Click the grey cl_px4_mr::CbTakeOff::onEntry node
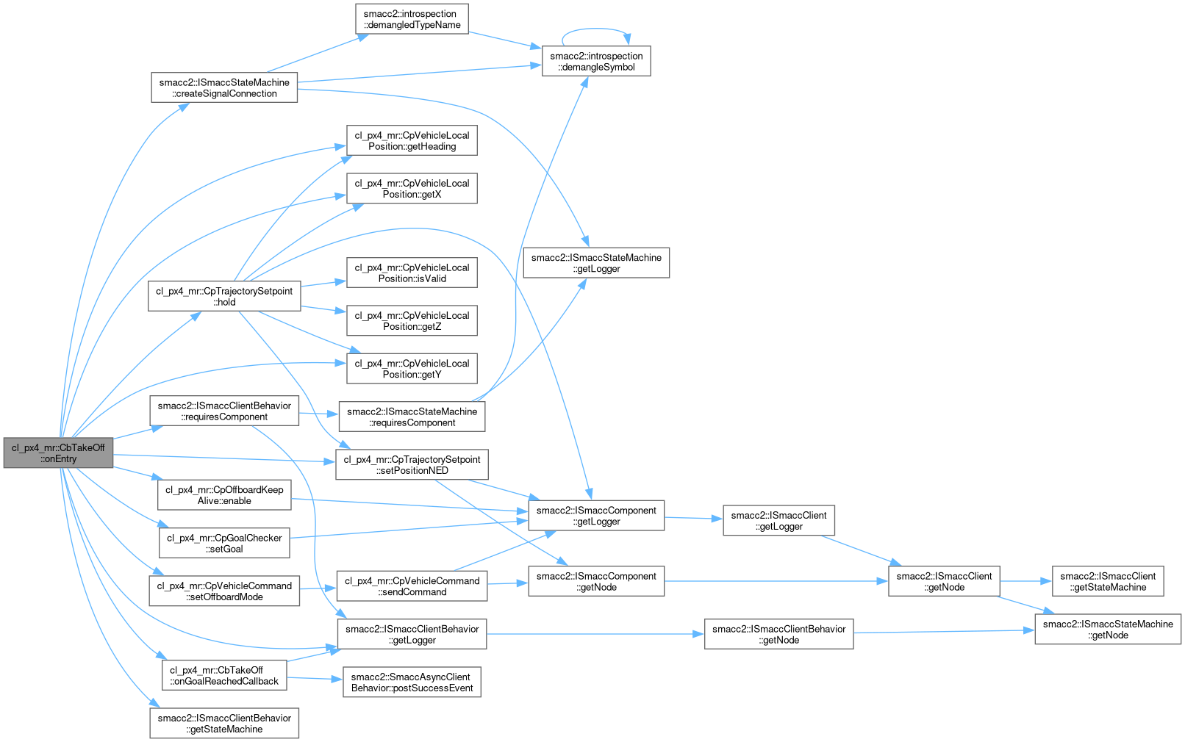[58, 453]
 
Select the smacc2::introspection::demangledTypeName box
[412, 19]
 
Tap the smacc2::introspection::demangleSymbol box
[596, 61]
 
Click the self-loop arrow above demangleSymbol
[596, 29]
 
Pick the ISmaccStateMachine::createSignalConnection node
[224, 87]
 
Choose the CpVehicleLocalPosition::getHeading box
[412, 140]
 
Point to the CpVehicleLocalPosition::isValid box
[412, 273]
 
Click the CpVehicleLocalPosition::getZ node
[412, 320]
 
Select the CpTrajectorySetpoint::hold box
[224, 296]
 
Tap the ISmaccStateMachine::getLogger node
[596, 263]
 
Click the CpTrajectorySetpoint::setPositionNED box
[412, 464]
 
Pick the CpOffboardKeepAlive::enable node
[224, 495]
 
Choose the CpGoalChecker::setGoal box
[224, 543]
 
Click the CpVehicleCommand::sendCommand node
[412, 586]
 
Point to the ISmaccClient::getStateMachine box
[1107, 581]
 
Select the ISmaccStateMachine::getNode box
[1107, 630]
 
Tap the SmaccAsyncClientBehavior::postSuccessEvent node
[412, 682]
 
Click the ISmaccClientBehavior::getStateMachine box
[224, 723]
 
